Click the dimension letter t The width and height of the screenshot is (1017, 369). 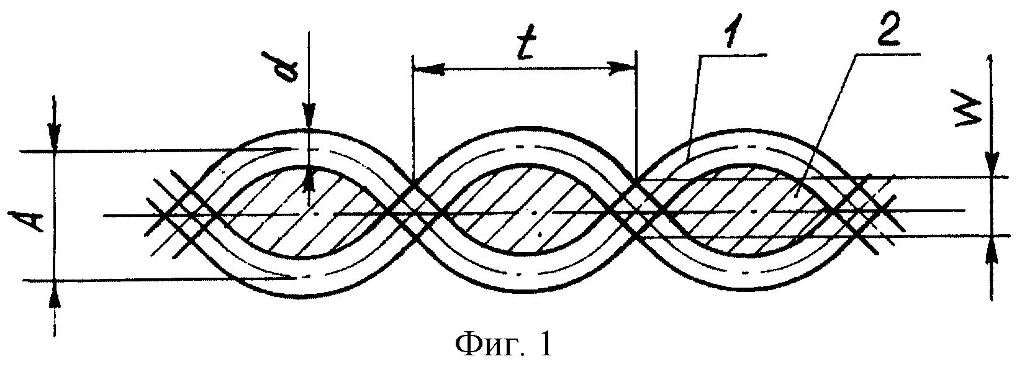point(525,45)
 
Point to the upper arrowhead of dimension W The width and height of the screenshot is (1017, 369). point(990,164)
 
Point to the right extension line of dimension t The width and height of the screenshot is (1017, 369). point(636,114)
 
